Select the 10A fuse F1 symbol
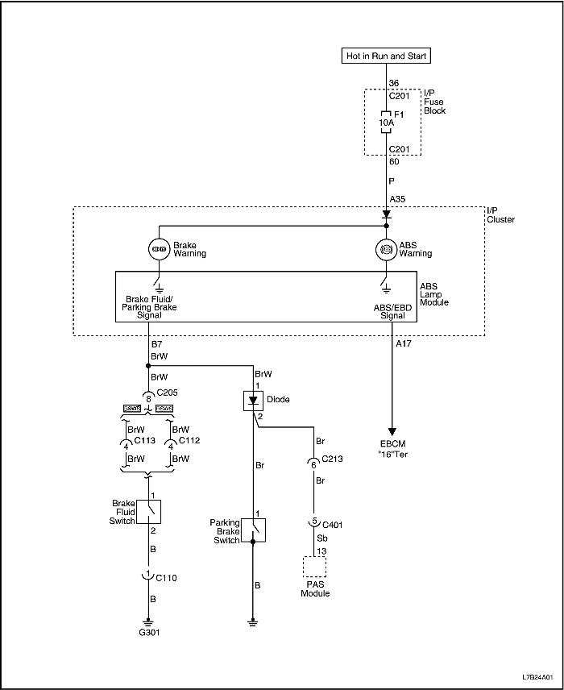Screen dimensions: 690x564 pyautogui.click(x=387, y=122)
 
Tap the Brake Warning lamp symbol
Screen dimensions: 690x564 pyautogui.click(x=159, y=249)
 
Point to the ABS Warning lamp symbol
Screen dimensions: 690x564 pyautogui.click(x=387, y=249)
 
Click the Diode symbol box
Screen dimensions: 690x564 pyautogui.click(x=254, y=400)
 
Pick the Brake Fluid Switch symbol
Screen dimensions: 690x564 pyautogui.click(x=149, y=511)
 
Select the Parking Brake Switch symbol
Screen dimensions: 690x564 pyautogui.click(x=254, y=530)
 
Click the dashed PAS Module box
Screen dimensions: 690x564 pyautogui.click(x=313, y=568)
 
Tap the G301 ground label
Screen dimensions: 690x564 pyautogui.click(x=149, y=633)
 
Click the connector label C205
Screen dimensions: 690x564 pyautogui.click(x=168, y=393)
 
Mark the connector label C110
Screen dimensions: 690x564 pyautogui.click(x=168, y=577)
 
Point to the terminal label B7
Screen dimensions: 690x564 pyautogui.click(x=156, y=344)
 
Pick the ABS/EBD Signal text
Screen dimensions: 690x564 pyautogui.click(x=387, y=311)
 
